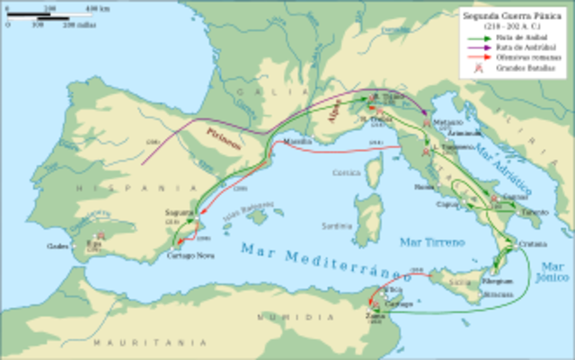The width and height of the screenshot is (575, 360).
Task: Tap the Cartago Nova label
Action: point(184,256)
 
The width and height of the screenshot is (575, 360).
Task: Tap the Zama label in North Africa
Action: point(376,317)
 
